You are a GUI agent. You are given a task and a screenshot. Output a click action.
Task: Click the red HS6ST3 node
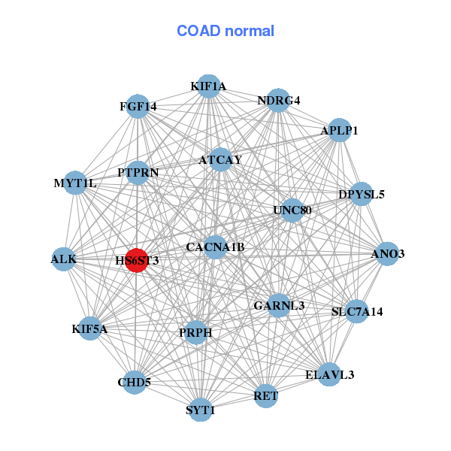click(x=136, y=260)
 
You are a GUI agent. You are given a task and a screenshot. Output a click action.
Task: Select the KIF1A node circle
click(x=208, y=86)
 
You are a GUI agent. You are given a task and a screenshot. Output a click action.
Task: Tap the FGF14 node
click(x=138, y=106)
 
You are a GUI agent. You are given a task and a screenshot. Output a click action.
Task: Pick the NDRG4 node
click(x=278, y=101)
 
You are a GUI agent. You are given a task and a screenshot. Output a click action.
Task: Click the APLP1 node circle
click(x=340, y=130)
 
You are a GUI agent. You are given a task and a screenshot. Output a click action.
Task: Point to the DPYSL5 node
click(x=362, y=194)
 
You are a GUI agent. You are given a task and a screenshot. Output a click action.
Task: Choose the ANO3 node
click(x=387, y=253)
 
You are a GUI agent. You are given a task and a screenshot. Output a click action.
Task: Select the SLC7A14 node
click(x=357, y=311)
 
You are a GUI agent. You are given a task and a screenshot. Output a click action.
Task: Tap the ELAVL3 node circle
click(x=329, y=374)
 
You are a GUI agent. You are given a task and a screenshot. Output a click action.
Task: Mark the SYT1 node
click(x=201, y=410)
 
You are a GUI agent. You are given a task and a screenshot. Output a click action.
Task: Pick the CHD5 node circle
click(x=135, y=382)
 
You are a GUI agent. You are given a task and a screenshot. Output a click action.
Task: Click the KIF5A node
click(x=90, y=328)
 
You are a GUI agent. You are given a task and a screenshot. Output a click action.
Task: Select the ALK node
click(x=64, y=259)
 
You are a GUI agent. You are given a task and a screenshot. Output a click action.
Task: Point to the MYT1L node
click(x=75, y=183)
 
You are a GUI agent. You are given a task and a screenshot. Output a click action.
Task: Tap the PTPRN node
click(x=138, y=173)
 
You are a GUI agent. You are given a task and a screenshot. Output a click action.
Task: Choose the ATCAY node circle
click(x=220, y=160)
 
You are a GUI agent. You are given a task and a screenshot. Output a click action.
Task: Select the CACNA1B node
click(x=215, y=247)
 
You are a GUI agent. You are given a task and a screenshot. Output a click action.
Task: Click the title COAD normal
click(x=225, y=31)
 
